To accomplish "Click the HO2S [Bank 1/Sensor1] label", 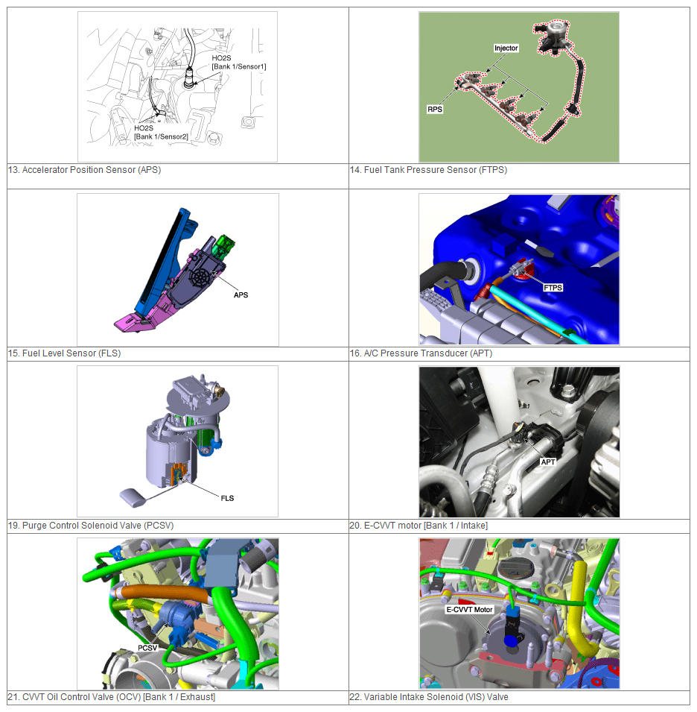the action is click(x=238, y=62).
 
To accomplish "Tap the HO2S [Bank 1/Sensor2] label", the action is click(x=161, y=132).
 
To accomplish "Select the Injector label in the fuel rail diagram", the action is click(x=506, y=48).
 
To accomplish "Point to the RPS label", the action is click(x=434, y=109).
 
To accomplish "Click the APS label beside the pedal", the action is click(x=241, y=294).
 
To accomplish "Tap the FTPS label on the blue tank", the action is click(x=553, y=288).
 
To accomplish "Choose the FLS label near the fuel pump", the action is click(x=227, y=498).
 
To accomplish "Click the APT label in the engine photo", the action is click(x=548, y=461).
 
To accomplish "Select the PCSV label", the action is click(x=147, y=648).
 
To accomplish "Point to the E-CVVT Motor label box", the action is click(x=469, y=609).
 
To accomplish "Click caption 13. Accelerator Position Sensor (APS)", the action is click(x=84, y=170).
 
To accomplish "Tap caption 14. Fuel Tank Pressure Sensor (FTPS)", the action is click(x=428, y=170).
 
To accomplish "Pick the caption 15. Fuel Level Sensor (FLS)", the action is click(x=64, y=353).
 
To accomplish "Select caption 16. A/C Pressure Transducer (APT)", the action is click(x=421, y=353).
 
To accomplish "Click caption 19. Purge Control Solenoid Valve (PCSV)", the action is click(x=91, y=526).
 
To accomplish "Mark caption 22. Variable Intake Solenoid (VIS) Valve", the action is click(x=429, y=697).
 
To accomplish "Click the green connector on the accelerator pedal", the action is click(x=224, y=245).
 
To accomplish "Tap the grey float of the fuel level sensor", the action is click(x=133, y=497).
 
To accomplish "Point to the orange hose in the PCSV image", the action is click(x=164, y=593).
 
